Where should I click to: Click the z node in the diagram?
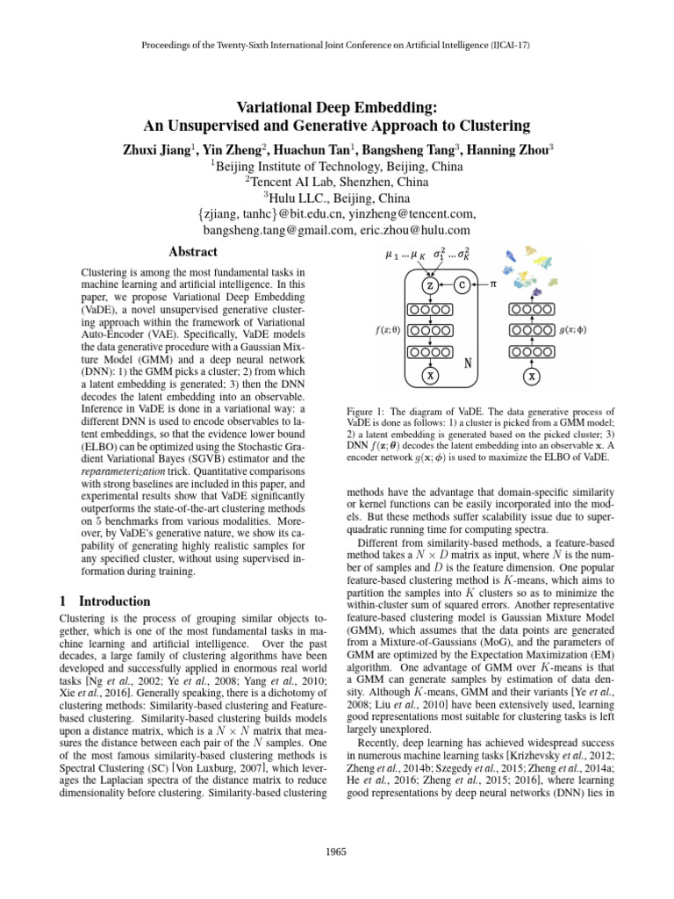429,285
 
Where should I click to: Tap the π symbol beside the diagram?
493,284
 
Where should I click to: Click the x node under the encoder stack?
532,377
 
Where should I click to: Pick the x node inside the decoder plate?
429,376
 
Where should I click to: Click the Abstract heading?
192,252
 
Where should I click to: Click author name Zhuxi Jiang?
159,149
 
